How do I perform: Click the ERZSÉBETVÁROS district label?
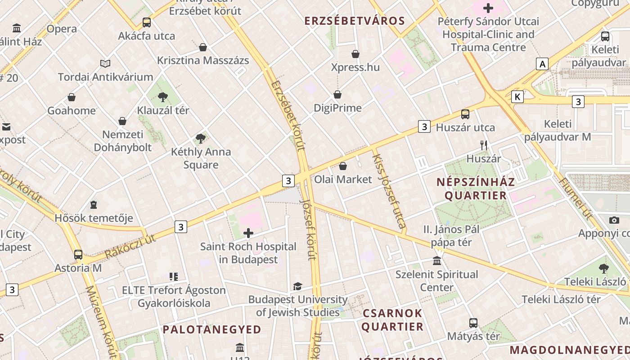[x=355, y=21]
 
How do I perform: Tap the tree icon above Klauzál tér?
[x=163, y=97]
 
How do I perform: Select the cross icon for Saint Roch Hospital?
[x=248, y=233]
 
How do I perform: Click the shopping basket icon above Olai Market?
[x=343, y=166]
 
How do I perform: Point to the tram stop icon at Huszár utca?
[x=465, y=114]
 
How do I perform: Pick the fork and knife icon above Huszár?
[x=484, y=145]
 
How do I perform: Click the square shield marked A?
[x=543, y=64]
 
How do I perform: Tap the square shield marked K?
[x=517, y=96]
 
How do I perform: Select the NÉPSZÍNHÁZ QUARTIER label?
[x=476, y=189]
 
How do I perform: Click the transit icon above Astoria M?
[x=78, y=255]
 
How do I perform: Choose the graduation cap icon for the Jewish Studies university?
[x=297, y=286]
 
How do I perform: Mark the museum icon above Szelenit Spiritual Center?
[x=436, y=261]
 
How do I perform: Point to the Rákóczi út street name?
[x=130, y=247]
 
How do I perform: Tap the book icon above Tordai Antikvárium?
[x=105, y=64]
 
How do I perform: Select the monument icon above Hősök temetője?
[x=94, y=205]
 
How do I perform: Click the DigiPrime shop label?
[x=337, y=108]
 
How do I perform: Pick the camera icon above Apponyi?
[x=614, y=220]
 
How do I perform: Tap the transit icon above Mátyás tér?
[x=473, y=323]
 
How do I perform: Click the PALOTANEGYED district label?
[x=212, y=329]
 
